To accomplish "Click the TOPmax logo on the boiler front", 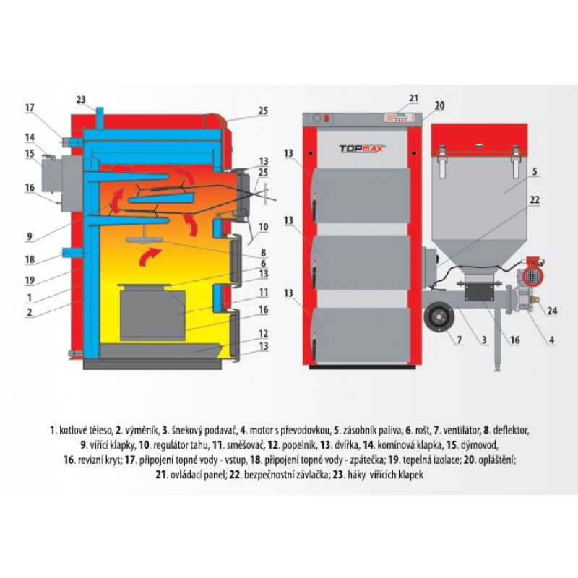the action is point(362,149).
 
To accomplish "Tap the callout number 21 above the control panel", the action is point(413,98).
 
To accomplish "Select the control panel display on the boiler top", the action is point(399,118).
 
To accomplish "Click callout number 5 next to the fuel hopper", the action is point(535,171).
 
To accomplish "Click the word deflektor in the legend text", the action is point(512,430).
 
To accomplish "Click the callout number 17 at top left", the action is point(30,108).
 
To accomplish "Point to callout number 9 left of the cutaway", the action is point(30,236).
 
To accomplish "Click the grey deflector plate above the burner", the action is point(144,239).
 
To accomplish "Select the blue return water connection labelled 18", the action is point(73,253).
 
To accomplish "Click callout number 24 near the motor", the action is point(552,311).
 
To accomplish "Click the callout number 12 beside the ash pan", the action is point(263,334).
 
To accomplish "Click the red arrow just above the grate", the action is point(150,256).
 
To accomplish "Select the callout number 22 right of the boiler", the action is point(535,200).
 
